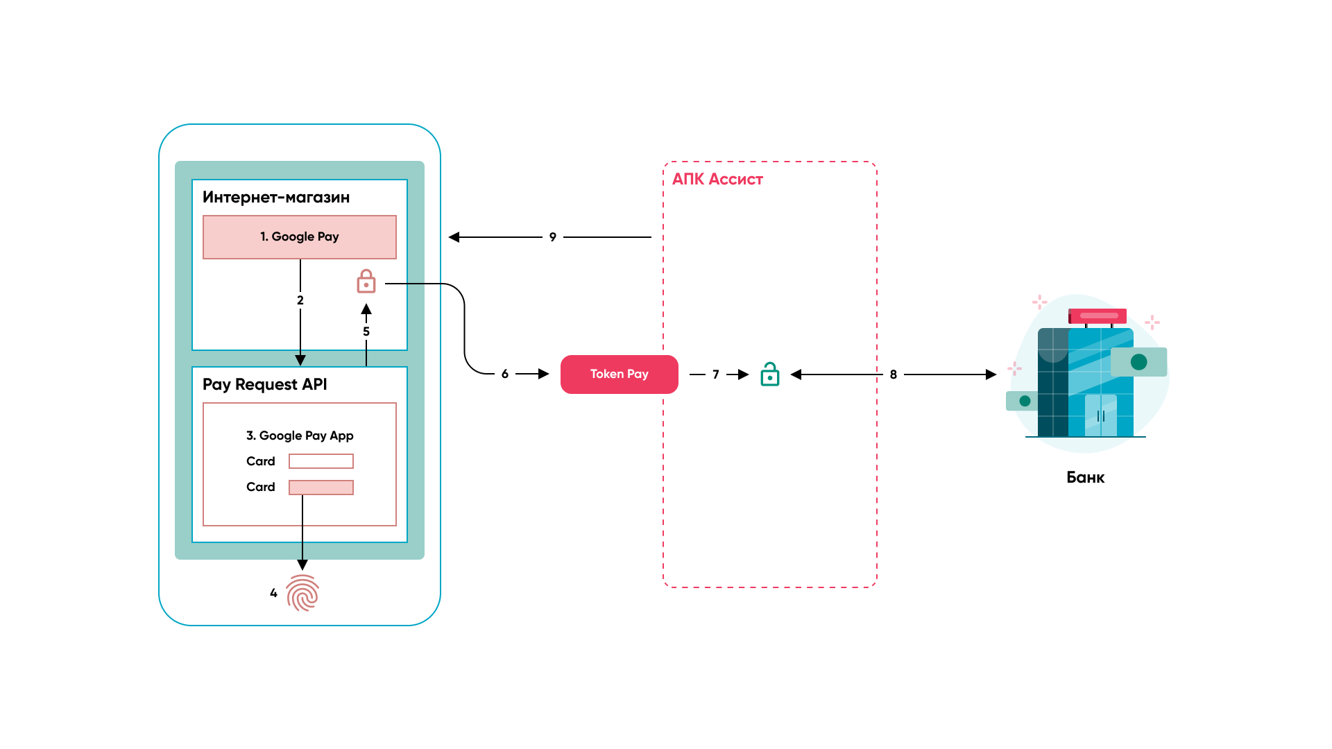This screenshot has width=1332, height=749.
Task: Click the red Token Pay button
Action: pyautogui.click(x=619, y=374)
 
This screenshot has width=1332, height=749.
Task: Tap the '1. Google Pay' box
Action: pyautogui.click(x=300, y=237)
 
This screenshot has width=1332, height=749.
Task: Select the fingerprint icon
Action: pyautogui.click(x=302, y=593)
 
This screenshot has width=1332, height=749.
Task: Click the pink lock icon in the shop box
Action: pyautogui.click(x=366, y=282)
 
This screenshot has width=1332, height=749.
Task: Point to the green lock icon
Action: pyautogui.click(x=770, y=374)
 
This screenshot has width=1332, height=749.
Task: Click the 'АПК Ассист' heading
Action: pyautogui.click(x=717, y=180)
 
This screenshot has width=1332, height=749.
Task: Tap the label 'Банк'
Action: pyautogui.click(x=1085, y=478)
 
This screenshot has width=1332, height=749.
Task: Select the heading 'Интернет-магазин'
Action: pyautogui.click(x=276, y=198)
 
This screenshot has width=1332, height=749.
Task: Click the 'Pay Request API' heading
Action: pyautogui.click(x=264, y=385)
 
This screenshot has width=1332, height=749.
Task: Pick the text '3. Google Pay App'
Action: pyautogui.click(x=300, y=436)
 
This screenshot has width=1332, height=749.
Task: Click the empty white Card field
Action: pyautogui.click(x=321, y=461)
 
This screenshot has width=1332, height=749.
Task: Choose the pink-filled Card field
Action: pyautogui.click(x=321, y=488)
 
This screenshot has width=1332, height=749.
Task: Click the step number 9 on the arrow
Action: pyautogui.click(x=553, y=237)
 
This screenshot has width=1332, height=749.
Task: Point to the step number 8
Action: pyautogui.click(x=894, y=374)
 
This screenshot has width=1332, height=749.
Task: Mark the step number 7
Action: pyautogui.click(x=716, y=374)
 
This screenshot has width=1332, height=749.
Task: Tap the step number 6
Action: pyautogui.click(x=505, y=374)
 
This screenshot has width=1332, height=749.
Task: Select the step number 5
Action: pyautogui.click(x=366, y=332)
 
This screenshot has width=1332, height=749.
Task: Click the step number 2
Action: pyautogui.click(x=300, y=300)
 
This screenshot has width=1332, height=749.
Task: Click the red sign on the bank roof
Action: pyautogui.click(x=1098, y=316)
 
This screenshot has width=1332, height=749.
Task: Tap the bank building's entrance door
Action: pyautogui.click(x=1101, y=415)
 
